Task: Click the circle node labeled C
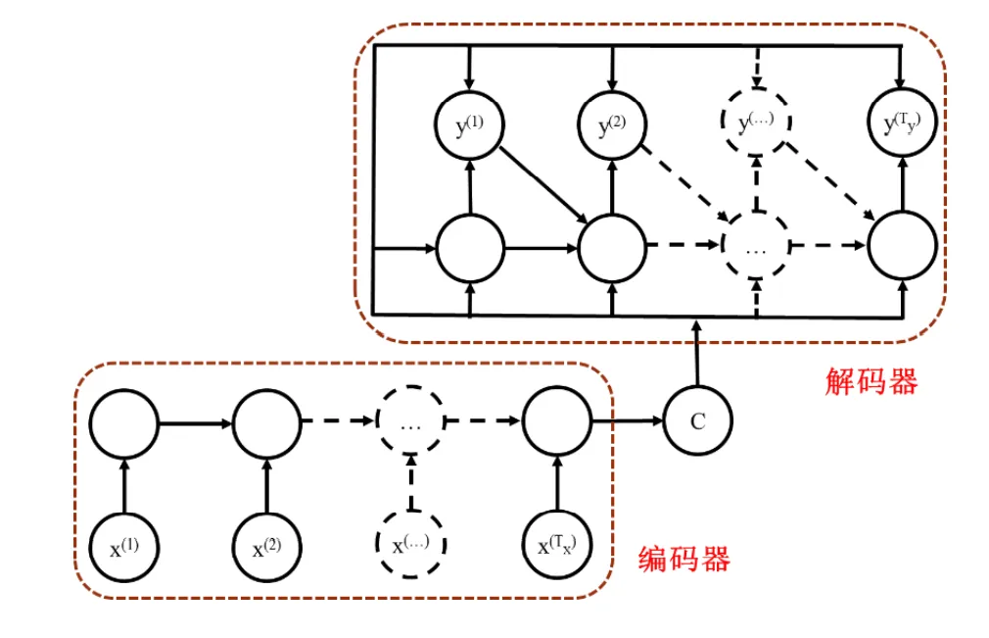pyautogui.click(x=697, y=421)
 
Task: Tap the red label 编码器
pyautogui.click(x=683, y=560)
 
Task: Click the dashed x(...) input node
pyautogui.click(x=411, y=544)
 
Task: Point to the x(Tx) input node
pyautogui.click(x=556, y=546)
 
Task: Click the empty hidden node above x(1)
pyautogui.click(x=123, y=423)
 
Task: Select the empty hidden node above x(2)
pyautogui.click(x=266, y=423)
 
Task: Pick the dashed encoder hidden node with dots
pyautogui.click(x=411, y=423)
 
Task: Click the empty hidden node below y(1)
pyautogui.click(x=471, y=247)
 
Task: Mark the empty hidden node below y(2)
pyautogui.click(x=612, y=247)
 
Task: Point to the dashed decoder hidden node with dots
pyautogui.click(x=756, y=247)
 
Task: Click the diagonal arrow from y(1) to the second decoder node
pyautogui.click(x=542, y=182)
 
